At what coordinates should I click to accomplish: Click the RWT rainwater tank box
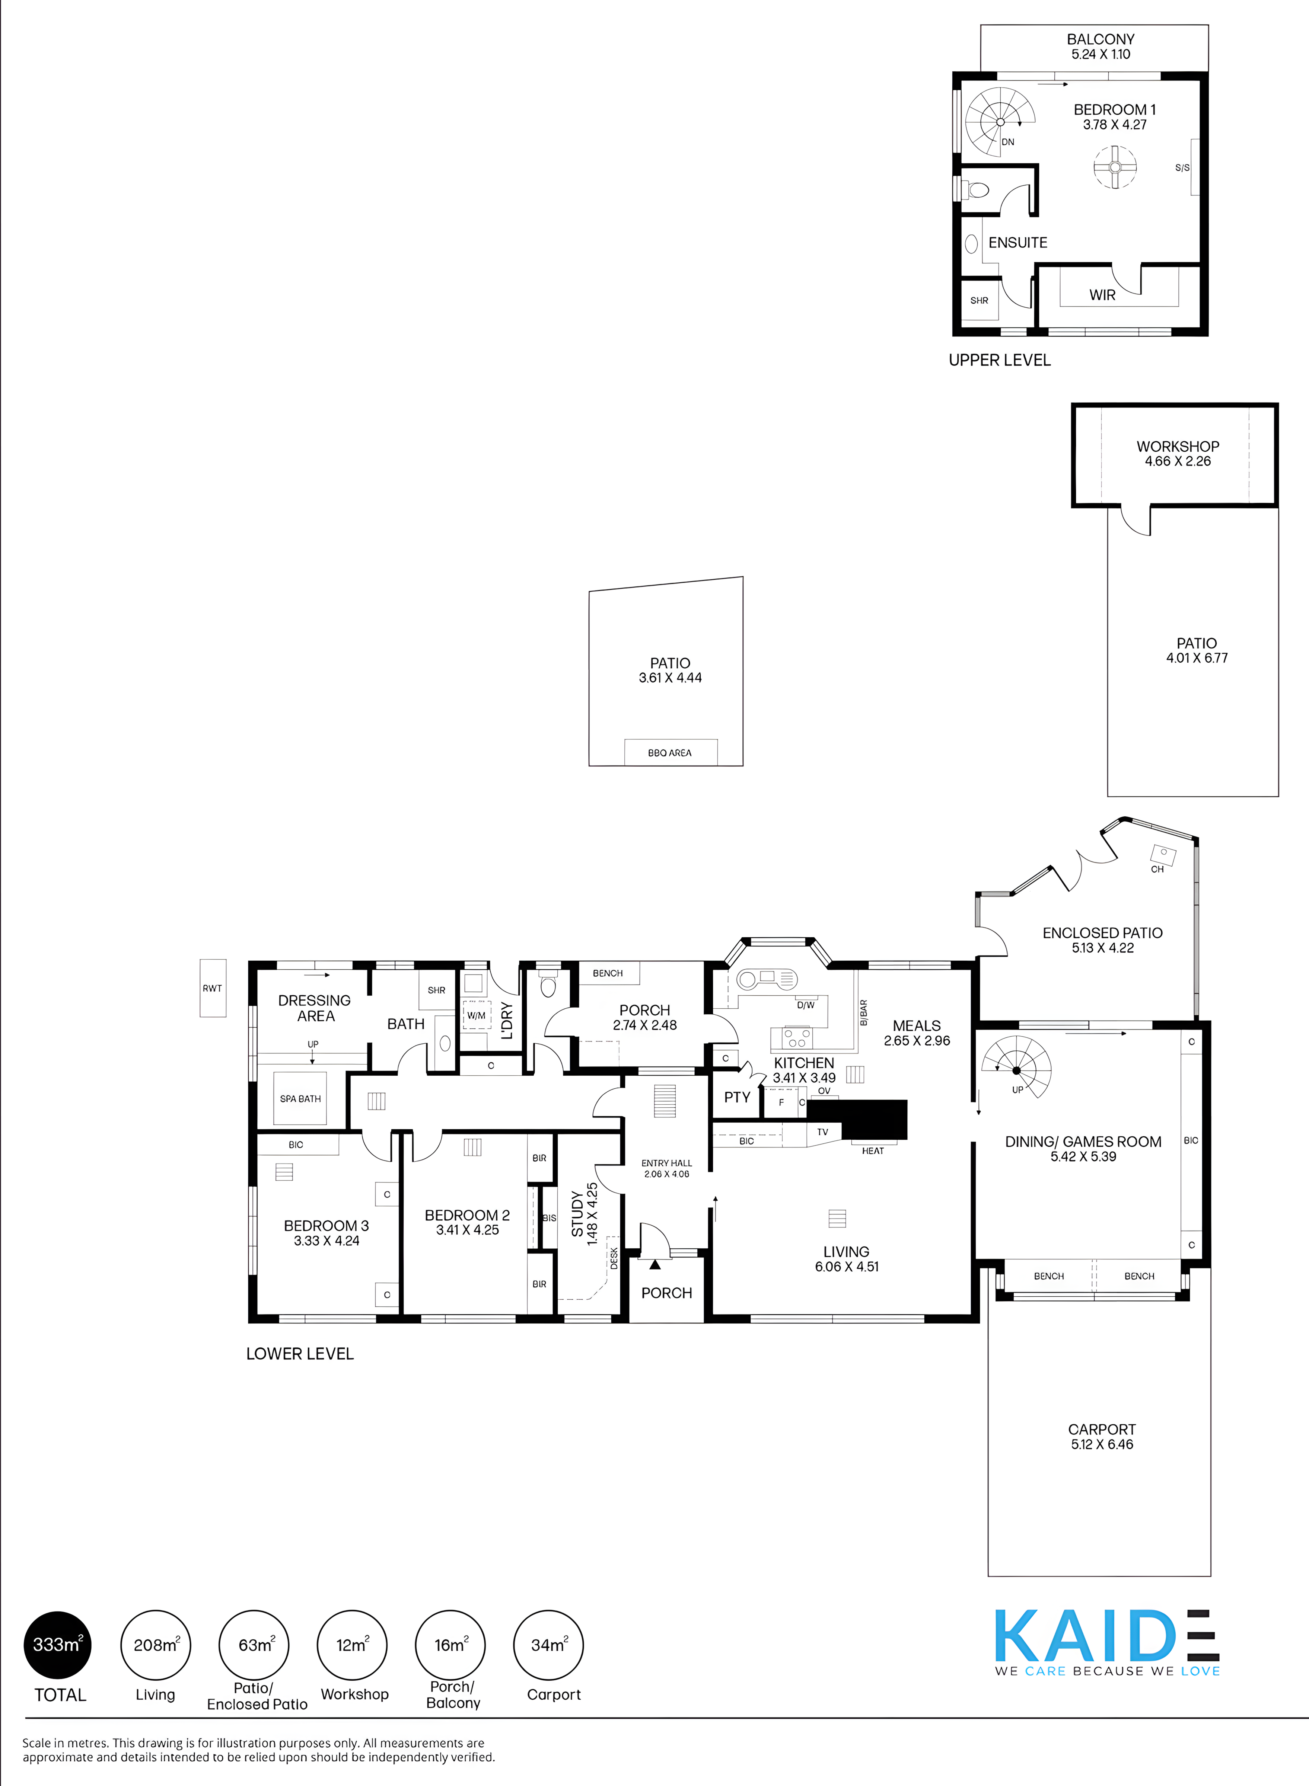(212, 988)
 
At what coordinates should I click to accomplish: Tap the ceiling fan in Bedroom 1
(1115, 167)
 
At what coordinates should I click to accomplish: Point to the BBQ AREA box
(671, 752)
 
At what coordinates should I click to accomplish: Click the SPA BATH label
(300, 1098)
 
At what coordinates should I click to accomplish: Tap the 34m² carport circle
(548, 1645)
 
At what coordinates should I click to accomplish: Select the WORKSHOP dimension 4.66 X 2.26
(1178, 461)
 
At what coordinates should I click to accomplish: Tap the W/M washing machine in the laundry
(476, 1015)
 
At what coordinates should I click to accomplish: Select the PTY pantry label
(737, 1097)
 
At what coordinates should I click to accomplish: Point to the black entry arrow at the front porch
(654, 1265)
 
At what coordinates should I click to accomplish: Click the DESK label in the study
(614, 1258)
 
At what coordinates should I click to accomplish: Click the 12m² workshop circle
(352, 1645)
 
